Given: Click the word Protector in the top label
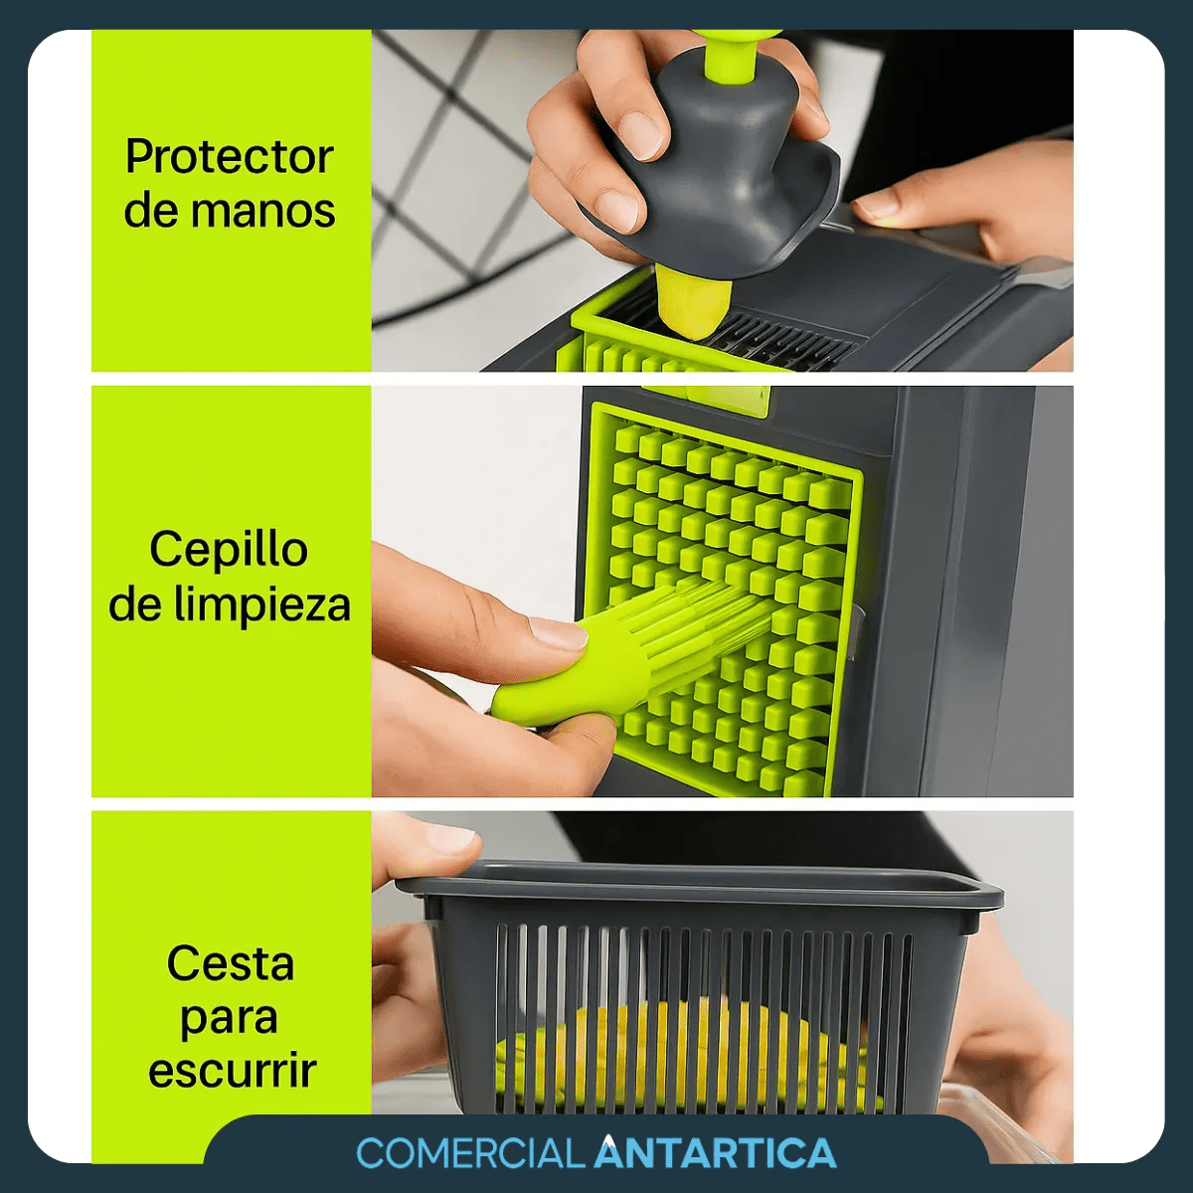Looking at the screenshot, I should click(x=229, y=157).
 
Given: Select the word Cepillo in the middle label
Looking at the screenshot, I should click(x=229, y=550).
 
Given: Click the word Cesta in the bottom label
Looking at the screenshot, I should click(x=231, y=963).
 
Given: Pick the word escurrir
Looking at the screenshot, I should click(x=232, y=1071).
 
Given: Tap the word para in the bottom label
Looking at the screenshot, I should click(x=229, y=1018).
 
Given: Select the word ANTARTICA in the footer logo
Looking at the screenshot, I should click(x=715, y=1153).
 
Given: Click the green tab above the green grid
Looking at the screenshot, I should click(x=706, y=398).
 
